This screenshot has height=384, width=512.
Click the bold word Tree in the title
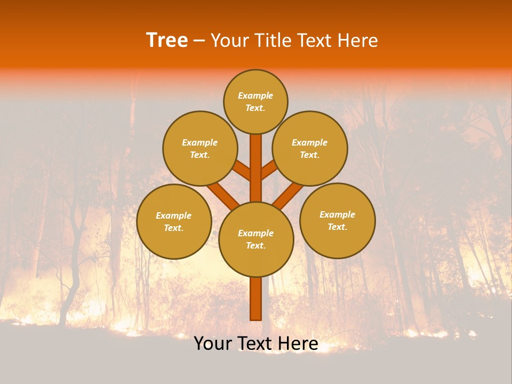[x=167, y=41]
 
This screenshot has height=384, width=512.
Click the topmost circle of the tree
[x=255, y=101]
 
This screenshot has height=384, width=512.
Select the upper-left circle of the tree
[x=200, y=148]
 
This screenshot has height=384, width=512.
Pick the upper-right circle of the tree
[x=310, y=148]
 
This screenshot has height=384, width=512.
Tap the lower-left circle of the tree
[x=174, y=221]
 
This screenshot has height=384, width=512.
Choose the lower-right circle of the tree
[x=338, y=220]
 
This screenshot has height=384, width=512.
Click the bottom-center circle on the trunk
[x=256, y=239]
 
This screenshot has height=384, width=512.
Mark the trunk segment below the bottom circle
[x=256, y=299]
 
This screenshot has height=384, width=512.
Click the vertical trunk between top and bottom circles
[x=256, y=168]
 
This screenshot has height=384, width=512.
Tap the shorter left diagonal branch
[x=242, y=171]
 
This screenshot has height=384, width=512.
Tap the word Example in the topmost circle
[x=255, y=95]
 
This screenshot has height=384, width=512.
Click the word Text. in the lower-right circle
[x=338, y=227]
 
